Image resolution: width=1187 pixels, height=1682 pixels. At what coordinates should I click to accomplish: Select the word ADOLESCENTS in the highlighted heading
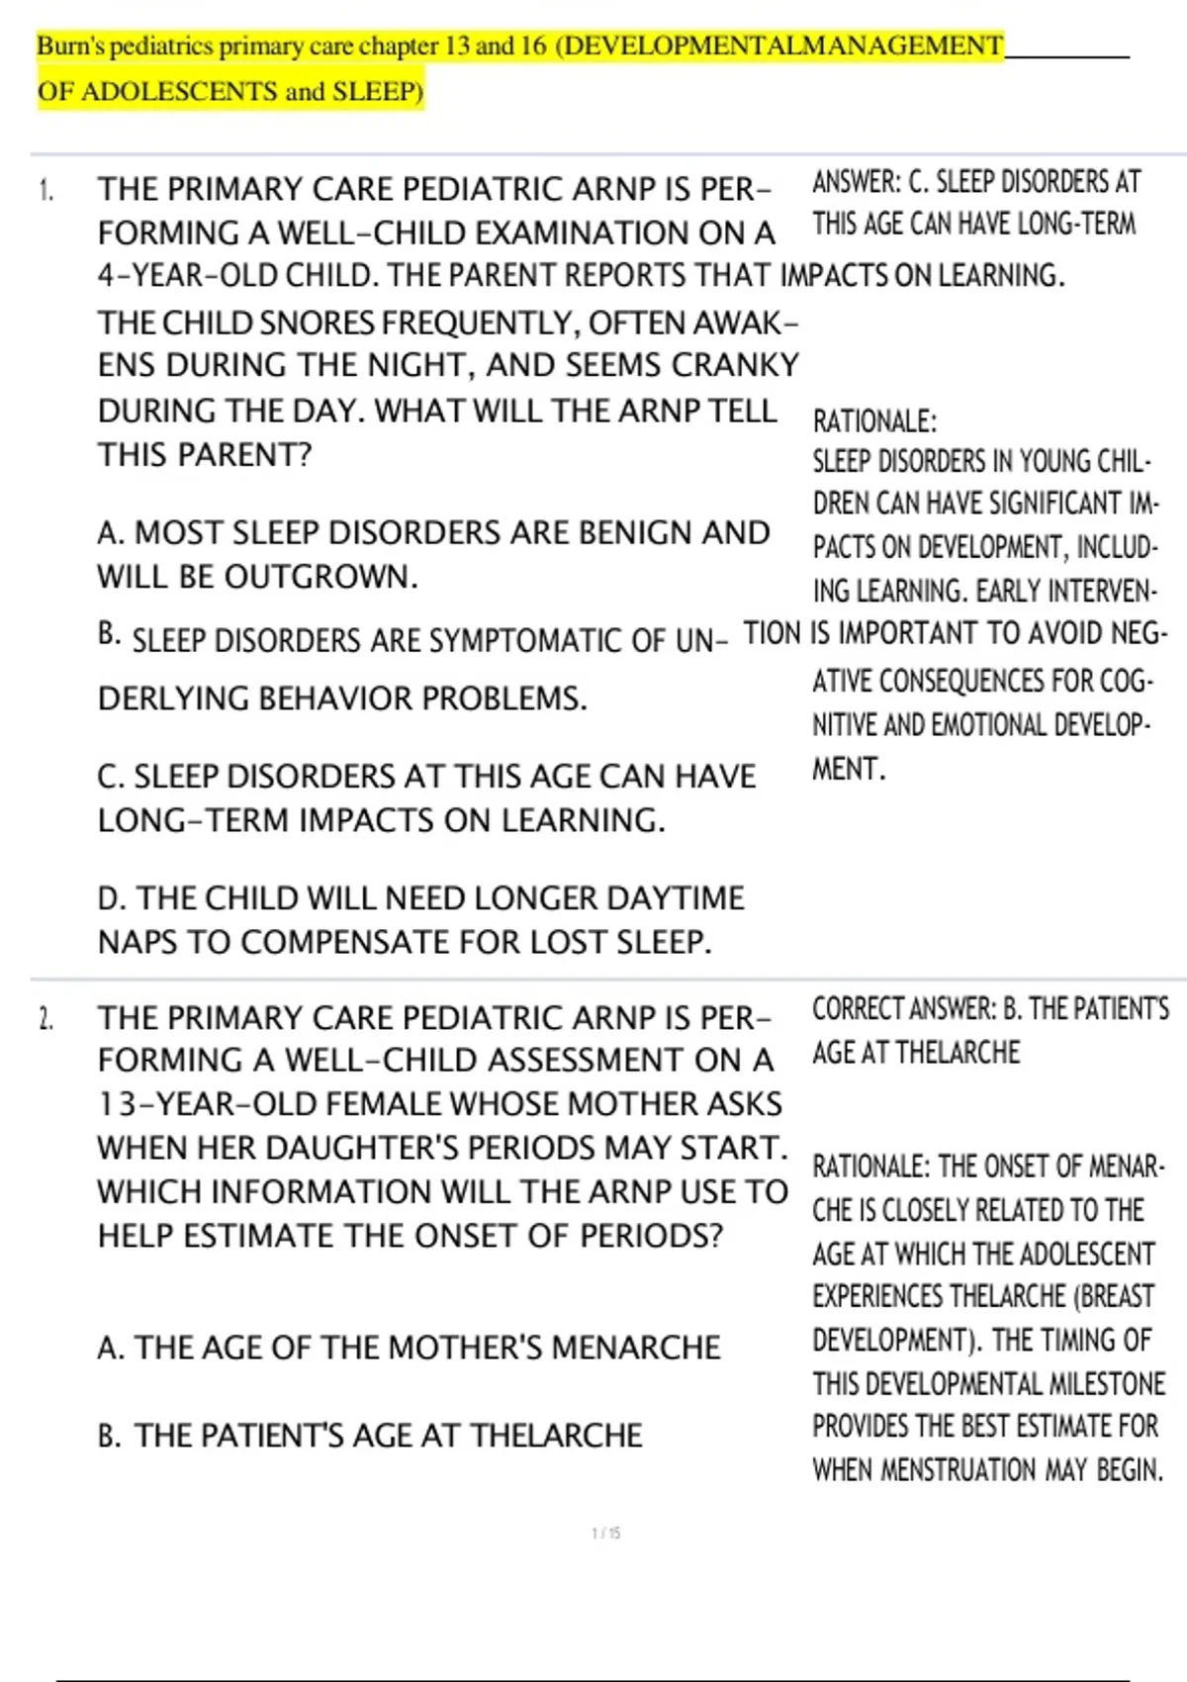179,92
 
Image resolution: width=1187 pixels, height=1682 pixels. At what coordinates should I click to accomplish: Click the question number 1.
45,190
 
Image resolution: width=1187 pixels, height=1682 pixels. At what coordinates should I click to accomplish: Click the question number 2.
45,1019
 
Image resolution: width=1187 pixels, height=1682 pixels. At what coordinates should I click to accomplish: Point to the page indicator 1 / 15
605,1534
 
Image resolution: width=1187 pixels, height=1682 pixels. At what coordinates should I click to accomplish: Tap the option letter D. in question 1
112,898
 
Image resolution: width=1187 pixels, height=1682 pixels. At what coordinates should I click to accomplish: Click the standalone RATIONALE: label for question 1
873,421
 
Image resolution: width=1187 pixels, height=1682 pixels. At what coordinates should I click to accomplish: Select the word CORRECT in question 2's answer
857,1009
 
